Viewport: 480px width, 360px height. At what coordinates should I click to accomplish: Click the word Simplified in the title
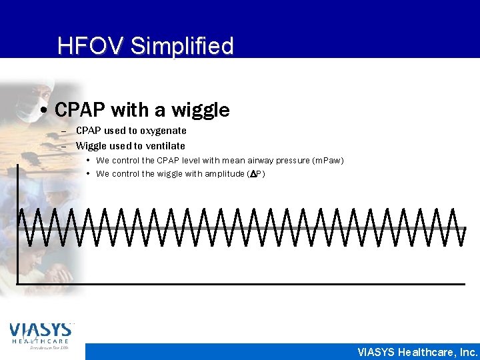click(x=182, y=46)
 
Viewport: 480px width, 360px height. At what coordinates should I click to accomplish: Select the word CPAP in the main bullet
click(x=81, y=109)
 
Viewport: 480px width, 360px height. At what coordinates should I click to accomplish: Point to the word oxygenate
click(x=163, y=131)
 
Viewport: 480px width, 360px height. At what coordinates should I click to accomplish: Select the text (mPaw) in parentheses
click(x=328, y=160)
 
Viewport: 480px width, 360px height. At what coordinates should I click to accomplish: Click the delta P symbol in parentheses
click(x=255, y=174)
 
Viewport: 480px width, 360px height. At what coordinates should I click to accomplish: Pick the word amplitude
click(x=226, y=174)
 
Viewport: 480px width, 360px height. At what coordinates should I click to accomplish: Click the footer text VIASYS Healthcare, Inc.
click(x=417, y=352)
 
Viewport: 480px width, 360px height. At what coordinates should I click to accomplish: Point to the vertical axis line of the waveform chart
click(x=17, y=227)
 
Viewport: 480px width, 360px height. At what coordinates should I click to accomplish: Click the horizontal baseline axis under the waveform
click(x=240, y=284)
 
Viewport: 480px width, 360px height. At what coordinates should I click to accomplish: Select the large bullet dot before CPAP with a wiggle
click(x=43, y=110)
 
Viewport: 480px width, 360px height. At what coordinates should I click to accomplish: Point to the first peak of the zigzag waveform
click(x=21, y=209)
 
